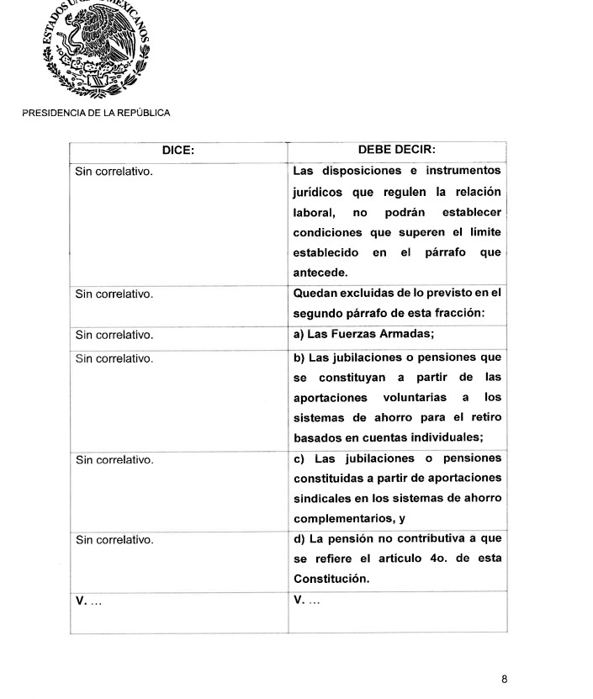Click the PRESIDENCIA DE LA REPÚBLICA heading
coord(96,112)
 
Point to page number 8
coord(504,679)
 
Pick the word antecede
coord(320,273)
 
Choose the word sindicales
coord(324,498)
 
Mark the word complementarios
coord(341,518)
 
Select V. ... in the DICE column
coord(88,600)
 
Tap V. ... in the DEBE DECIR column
coord(306,600)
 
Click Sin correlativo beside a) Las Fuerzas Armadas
coord(114,335)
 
